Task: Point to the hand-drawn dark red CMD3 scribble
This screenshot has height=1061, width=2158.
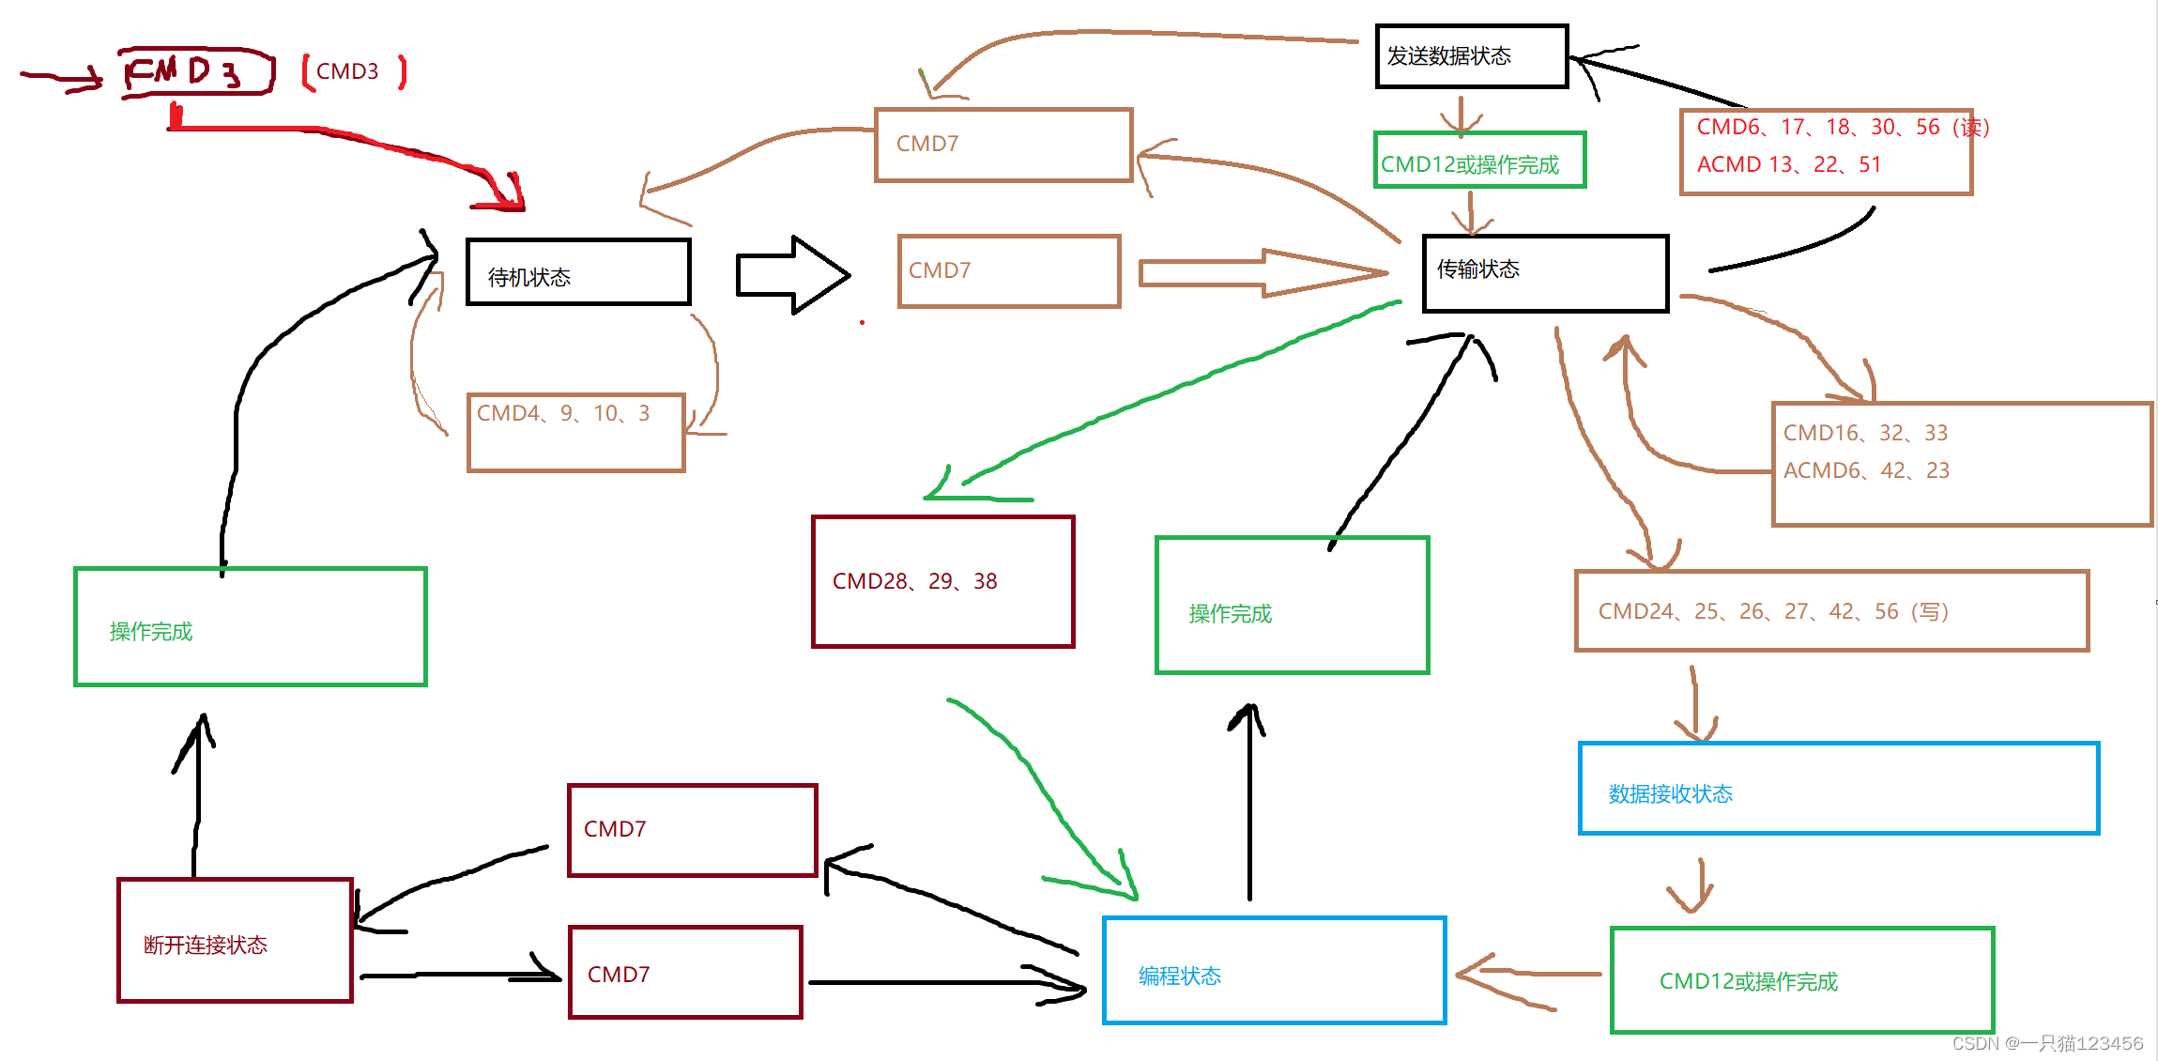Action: [x=197, y=71]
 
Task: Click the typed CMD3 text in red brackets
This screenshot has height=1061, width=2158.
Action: [x=347, y=71]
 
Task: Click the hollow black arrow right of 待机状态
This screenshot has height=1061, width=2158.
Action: [x=793, y=274]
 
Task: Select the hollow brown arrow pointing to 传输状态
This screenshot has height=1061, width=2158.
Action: [x=1263, y=272]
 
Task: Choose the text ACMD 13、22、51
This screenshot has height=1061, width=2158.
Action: [x=1789, y=164]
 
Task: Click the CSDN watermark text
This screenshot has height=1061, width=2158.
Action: [x=2047, y=1043]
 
